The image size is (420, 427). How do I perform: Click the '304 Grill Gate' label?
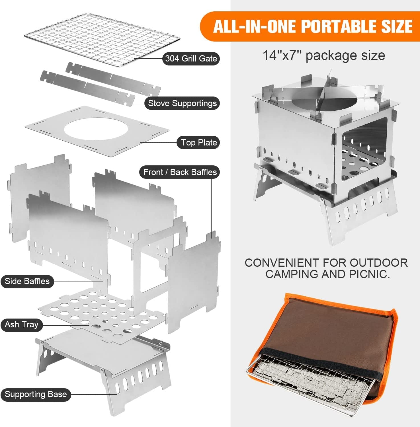[x=191, y=58]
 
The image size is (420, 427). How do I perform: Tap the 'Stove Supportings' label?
[x=182, y=103]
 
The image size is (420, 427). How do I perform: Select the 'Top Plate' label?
[x=199, y=142]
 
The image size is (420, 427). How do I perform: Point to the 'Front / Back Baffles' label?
[x=180, y=172]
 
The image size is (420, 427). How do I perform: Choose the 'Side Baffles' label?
[x=27, y=281]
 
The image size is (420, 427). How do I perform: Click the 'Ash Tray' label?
[x=22, y=325]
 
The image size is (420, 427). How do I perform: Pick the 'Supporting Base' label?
[x=36, y=394]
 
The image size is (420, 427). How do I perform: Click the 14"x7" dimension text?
[x=282, y=56]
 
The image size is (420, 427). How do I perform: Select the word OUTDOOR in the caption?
[x=379, y=263]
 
